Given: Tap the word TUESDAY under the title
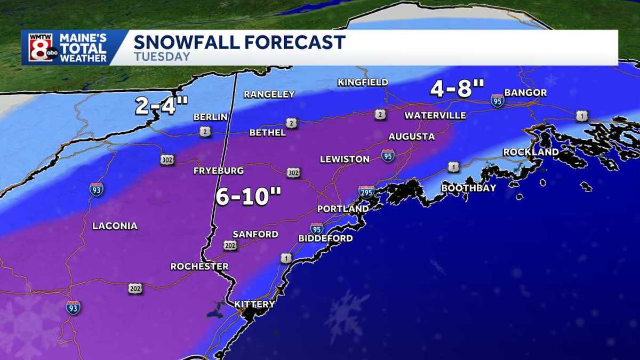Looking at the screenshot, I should (x=162, y=57).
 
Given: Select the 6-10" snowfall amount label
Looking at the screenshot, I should (x=248, y=197).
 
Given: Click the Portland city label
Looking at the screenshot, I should (x=342, y=209).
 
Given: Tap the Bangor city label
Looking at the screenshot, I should (x=525, y=93).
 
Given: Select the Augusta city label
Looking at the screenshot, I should (x=411, y=137).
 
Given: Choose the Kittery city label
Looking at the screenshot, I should (x=254, y=305).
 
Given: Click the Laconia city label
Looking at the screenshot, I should (x=115, y=226).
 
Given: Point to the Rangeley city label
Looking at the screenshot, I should (x=269, y=94).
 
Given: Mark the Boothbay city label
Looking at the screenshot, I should (x=469, y=188).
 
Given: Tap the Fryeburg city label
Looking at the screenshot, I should (x=219, y=171).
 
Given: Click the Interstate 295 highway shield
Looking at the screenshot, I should (x=366, y=192).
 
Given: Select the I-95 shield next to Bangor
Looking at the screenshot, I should (x=498, y=100).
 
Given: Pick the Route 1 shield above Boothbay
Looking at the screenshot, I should (x=453, y=167).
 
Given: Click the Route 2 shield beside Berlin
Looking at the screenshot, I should (x=205, y=131).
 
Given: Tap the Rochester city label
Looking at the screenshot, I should (x=199, y=266).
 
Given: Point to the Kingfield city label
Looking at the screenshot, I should (x=363, y=83).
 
